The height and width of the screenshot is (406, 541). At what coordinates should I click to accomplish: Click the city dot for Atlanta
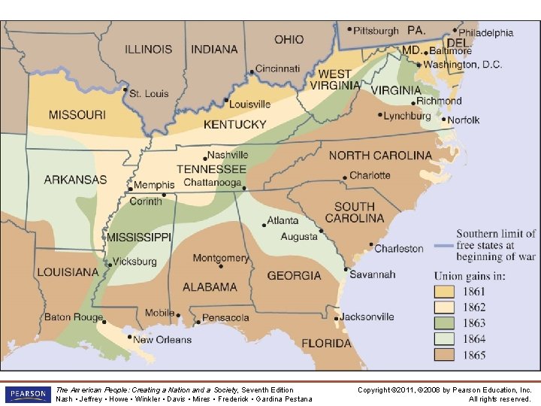tap(264, 224)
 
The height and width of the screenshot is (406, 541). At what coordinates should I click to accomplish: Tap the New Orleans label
tap(162, 340)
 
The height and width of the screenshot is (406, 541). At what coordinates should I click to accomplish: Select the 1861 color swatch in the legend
tap(445, 292)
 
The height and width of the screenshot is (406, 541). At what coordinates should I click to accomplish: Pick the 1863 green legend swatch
tap(445, 323)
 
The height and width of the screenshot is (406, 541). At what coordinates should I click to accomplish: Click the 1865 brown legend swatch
tap(445, 355)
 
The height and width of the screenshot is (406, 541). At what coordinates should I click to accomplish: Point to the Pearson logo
tap(27, 394)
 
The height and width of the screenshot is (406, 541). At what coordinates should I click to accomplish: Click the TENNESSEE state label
tap(211, 169)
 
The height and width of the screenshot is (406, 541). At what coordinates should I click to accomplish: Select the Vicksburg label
tap(135, 262)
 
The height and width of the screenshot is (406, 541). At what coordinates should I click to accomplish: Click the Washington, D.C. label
tap(463, 65)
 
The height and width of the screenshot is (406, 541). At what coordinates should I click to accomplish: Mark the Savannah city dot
tap(345, 269)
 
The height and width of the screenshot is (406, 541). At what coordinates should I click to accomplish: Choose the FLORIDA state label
tap(326, 344)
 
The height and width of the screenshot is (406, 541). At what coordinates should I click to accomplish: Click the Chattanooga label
tap(213, 183)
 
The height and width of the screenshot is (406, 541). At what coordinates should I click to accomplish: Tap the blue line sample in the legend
tap(445, 247)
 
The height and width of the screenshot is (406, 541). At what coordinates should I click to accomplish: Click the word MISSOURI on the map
tap(77, 115)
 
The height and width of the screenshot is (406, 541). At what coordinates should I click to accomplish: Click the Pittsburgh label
tap(376, 31)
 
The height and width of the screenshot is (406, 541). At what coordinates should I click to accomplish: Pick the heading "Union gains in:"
tap(470, 276)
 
